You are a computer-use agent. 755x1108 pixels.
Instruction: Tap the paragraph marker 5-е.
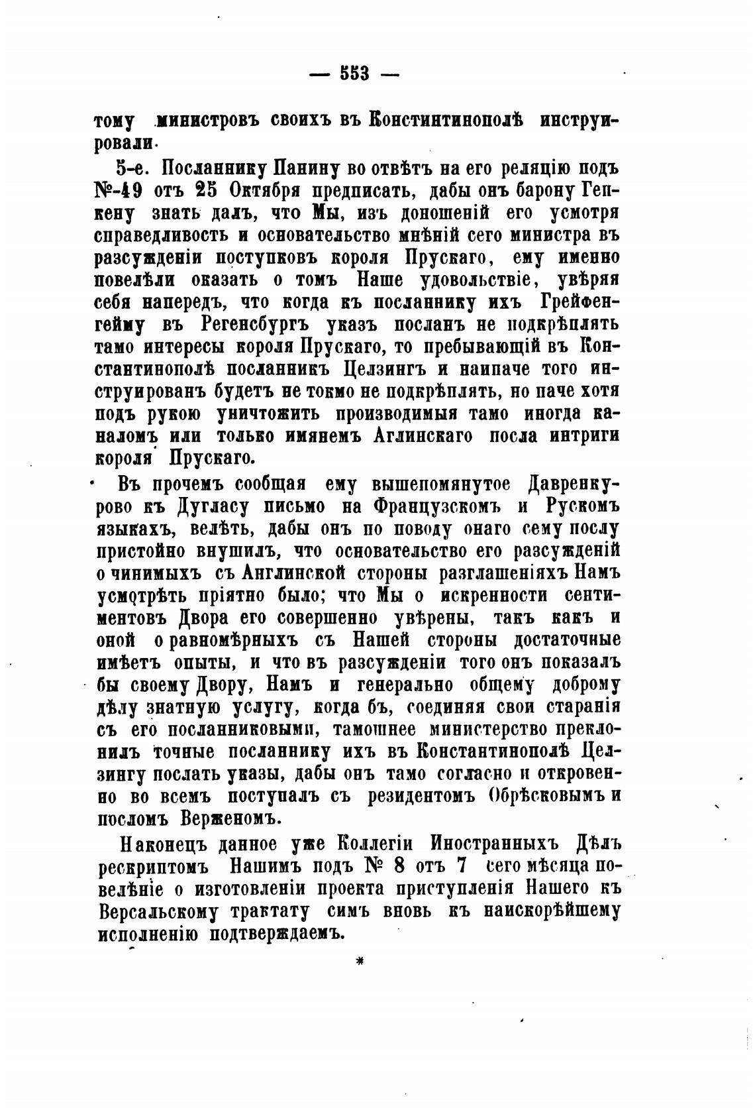tap(131, 168)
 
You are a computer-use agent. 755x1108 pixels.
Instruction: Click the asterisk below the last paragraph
tap(361, 962)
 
